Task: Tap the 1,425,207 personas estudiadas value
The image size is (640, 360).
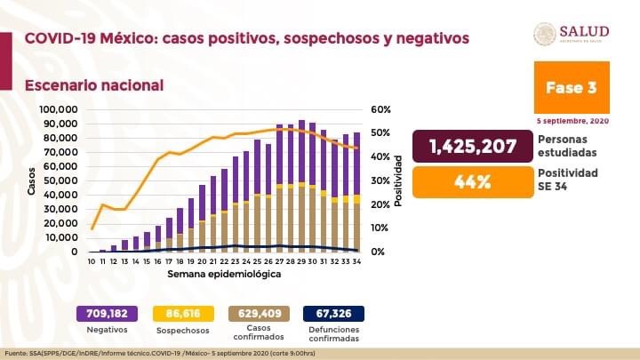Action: click(x=473, y=146)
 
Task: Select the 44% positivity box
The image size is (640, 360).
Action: click(x=473, y=181)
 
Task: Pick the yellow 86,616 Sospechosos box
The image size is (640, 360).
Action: click(x=185, y=313)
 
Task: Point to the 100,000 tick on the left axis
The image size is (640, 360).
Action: click(x=60, y=109)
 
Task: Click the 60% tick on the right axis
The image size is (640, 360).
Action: click(x=381, y=109)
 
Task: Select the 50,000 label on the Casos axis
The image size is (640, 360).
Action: click(x=63, y=180)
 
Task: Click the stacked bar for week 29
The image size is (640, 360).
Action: click(x=302, y=186)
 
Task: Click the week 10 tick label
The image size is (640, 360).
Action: click(x=92, y=262)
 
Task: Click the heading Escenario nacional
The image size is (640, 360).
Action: click(x=93, y=85)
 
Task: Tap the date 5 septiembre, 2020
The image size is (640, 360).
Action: click(x=572, y=120)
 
